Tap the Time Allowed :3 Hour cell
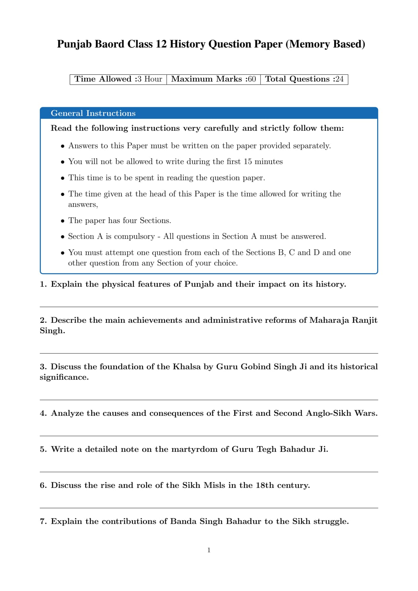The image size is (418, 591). [x=118, y=79]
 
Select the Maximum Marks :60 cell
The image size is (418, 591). [x=213, y=79]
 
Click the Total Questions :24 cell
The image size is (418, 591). [x=304, y=79]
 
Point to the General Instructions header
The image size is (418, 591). [x=93, y=113]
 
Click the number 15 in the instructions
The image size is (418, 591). [x=247, y=162]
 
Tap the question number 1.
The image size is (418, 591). [x=43, y=284]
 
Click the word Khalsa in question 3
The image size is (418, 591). [x=187, y=367]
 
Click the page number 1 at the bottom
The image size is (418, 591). [x=209, y=550]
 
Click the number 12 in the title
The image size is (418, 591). [x=161, y=44]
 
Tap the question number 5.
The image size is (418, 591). [x=43, y=449]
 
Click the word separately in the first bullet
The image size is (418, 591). [x=311, y=146]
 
